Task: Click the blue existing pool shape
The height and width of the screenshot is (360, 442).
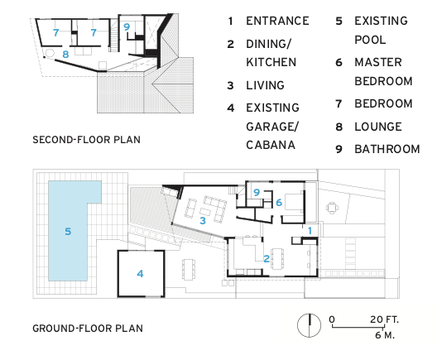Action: click(x=68, y=231)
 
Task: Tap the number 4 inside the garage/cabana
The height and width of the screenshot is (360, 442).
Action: click(x=140, y=273)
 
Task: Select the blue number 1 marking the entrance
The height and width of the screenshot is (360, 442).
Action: click(x=310, y=231)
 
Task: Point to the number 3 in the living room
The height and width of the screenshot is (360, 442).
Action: click(x=203, y=220)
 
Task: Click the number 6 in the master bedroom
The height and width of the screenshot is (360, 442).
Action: click(x=279, y=202)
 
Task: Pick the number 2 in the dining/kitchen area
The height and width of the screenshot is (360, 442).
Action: click(x=267, y=258)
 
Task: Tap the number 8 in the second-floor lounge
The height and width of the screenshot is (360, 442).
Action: click(x=65, y=54)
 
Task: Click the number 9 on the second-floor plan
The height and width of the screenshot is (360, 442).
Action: click(x=127, y=26)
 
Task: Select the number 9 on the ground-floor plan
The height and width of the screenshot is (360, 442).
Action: click(x=257, y=192)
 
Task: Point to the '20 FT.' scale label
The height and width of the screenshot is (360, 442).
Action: click(x=384, y=319)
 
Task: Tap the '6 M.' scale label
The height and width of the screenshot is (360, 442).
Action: click(x=385, y=335)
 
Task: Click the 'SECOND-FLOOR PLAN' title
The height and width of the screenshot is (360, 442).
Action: click(x=86, y=140)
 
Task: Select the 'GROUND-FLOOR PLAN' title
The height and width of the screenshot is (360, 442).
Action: click(x=88, y=329)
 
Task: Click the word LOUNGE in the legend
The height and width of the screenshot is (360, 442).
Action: click(x=378, y=127)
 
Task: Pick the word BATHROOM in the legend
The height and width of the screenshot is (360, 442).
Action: click(x=387, y=149)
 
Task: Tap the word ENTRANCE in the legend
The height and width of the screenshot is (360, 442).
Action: click(x=277, y=21)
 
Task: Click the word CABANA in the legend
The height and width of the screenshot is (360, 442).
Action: click(x=271, y=145)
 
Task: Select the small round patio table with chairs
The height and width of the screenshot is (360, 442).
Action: click(x=333, y=208)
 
